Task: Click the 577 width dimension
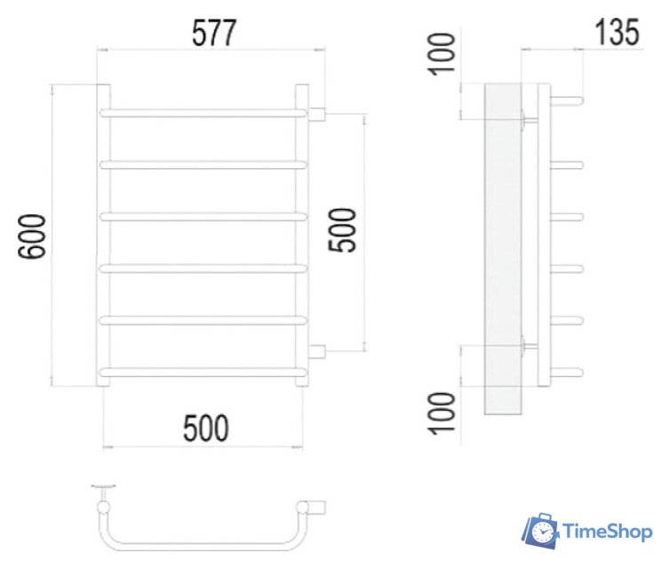click(x=214, y=33)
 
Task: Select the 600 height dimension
click(x=34, y=236)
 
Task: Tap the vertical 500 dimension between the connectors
click(x=344, y=229)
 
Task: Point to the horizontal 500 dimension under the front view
click(x=206, y=429)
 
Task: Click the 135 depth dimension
click(x=617, y=33)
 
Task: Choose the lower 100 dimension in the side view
click(x=445, y=411)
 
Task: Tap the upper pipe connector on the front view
click(x=318, y=113)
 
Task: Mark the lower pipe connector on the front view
click(x=318, y=351)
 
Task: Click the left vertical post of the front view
click(x=104, y=236)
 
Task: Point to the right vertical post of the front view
click(x=302, y=236)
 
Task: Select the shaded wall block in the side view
click(x=504, y=249)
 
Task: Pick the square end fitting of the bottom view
click(x=315, y=507)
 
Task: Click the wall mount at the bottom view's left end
click(x=106, y=490)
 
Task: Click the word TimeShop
click(x=608, y=532)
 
